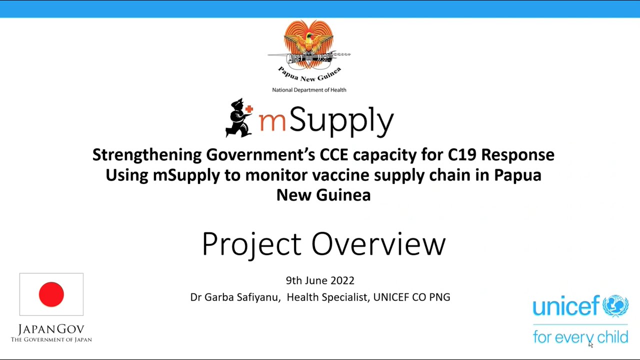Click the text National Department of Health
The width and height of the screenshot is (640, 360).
point(309,90)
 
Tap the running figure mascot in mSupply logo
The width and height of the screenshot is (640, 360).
point(238,118)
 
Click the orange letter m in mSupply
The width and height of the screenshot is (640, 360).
point(272,121)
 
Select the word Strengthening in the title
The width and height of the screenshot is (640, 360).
point(147,155)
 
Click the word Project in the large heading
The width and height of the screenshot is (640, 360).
point(251,244)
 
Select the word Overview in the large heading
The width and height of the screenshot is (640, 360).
point(378,244)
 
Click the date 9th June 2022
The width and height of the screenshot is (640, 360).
point(320,280)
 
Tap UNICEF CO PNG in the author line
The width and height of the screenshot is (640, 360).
point(411,297)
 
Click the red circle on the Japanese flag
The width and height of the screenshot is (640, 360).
point(51,294)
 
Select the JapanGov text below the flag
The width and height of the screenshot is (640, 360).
point(51,329)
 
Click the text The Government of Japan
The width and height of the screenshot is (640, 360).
point(51,340)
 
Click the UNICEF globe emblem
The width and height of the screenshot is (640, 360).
point(615,306)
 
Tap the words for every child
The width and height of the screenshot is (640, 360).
point(580,337)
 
